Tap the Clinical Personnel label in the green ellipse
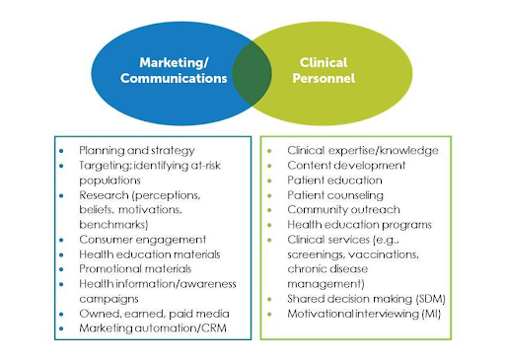click(x=325, y=70)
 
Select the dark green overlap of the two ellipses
click(x=252, y=71)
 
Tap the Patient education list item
click(x=334, y=180)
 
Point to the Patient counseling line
click(x=336, y=195)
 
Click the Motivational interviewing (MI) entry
click(x=366, y=313)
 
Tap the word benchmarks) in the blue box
click(x=112, y=224)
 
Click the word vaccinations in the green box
click(x=382, y=253)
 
